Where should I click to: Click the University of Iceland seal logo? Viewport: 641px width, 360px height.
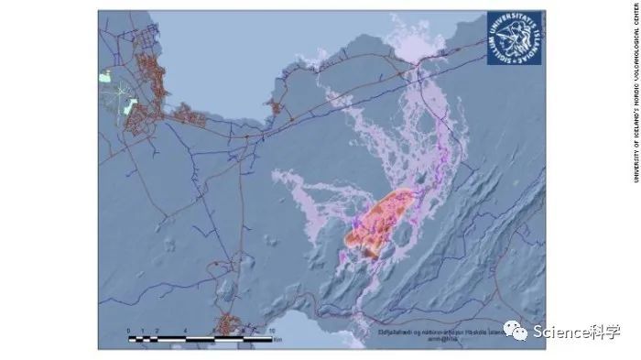tap(514, 38)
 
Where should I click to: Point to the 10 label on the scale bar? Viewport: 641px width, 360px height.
tap(271, 330)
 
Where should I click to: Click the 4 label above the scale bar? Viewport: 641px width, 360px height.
tap(184, 330)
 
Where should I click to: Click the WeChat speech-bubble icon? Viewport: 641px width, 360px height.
tap(520, 332)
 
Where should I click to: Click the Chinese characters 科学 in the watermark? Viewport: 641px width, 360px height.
tap(608, 333)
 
